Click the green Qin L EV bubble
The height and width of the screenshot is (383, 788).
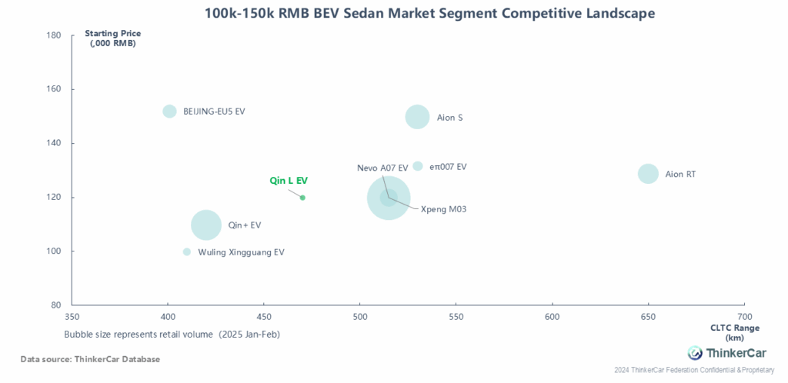[x=302, y=198]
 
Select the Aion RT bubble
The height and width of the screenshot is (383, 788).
[x=648, y=174]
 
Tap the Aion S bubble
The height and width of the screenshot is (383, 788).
[x=417, y=118]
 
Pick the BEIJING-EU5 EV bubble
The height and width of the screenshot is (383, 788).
[x=170, y=111]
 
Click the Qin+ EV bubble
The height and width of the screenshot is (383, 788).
[x=206, y=225]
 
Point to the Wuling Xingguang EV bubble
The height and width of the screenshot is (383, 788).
[x=187, y=251]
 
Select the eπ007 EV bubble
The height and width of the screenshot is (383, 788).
[x=418, y=166]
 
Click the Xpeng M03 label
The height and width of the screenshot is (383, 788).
[x=444, y=209]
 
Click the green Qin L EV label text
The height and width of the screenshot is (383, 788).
[x=289, y=182]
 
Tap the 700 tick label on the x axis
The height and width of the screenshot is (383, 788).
[x=744, y=318]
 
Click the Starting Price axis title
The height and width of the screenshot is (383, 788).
[x=112, y=38]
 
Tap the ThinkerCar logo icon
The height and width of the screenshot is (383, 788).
[x=695, y=353]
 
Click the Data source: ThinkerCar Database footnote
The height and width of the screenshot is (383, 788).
[x=91, y=359]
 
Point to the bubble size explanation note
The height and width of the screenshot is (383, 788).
[x=172, y=335]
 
